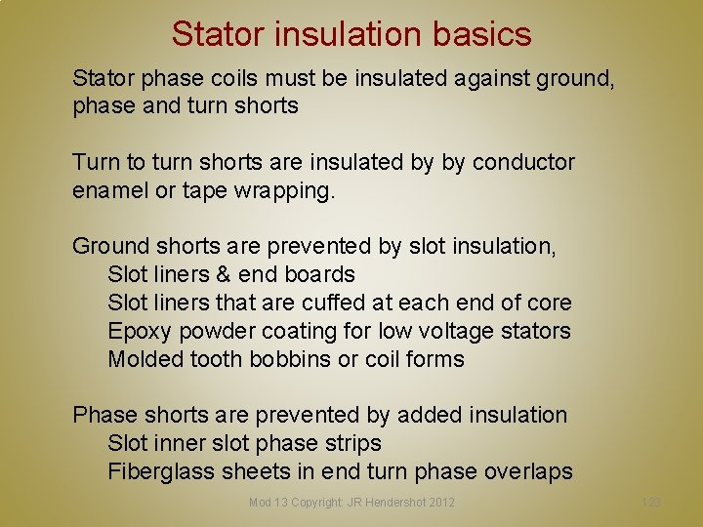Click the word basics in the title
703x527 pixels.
point(477,34)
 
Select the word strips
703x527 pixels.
point(350,443)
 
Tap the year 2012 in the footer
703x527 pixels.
point(440,503)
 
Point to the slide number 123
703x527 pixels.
point(651,503)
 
